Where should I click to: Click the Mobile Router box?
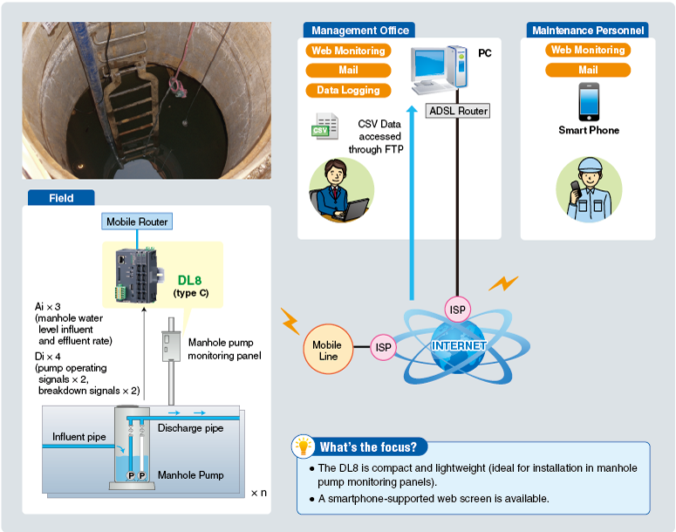137,222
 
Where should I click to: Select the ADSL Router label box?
459,111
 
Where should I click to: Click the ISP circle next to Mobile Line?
384,347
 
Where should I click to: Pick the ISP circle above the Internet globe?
457,309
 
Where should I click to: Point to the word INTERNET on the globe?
459,346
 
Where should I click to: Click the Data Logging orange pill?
348,90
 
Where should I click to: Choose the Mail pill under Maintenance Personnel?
588,70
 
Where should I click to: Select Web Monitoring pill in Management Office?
348,51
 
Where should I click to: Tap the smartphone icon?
589,101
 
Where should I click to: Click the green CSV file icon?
325,126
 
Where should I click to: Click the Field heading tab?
61,198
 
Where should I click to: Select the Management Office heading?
359,31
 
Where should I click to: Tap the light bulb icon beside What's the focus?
304,447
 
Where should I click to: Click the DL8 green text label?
189,279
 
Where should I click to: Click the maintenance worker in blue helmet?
589,188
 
